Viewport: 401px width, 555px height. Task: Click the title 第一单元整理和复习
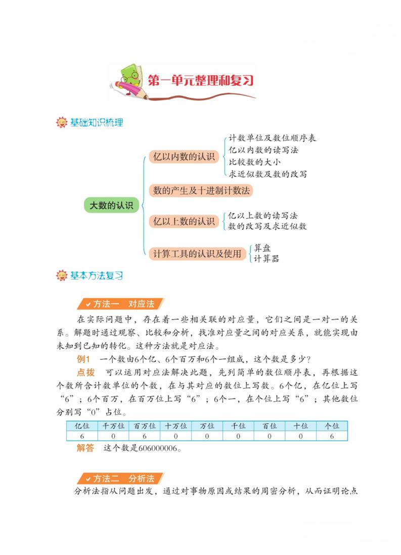[x=200, y=81]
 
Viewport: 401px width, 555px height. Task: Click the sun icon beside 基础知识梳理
[x=61, y=122]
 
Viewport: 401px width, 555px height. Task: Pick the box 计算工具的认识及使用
[x=197, y=254]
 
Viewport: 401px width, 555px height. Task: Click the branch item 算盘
[x=263, y=248]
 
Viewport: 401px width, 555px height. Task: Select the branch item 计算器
[x=266, y=259]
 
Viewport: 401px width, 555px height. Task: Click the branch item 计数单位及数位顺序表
[x=272, y=138]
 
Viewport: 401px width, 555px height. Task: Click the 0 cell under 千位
[x=238, y=436]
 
